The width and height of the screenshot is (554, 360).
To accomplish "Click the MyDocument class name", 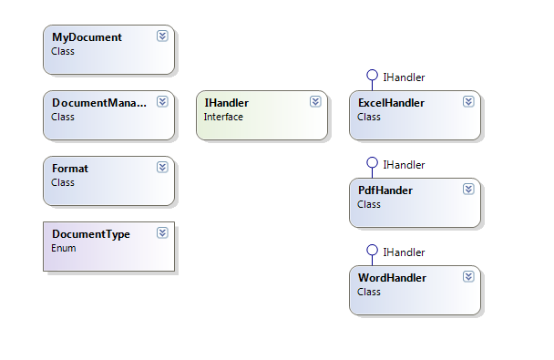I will click(x=87, y=37).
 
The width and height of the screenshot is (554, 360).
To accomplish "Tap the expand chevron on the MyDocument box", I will click(x=162, y=36).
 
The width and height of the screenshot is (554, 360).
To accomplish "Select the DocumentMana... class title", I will click(x=98, y=103).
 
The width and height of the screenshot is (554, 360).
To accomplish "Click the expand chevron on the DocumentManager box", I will click(x=162, y=102).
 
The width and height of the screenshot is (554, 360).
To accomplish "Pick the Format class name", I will click(x=70, y=169).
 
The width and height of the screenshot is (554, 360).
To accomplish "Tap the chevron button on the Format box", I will click(x=162, y=168).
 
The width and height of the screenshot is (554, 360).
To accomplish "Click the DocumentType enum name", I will click(x=91, y=234).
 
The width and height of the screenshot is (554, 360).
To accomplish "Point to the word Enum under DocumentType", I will click(x=64, y=248).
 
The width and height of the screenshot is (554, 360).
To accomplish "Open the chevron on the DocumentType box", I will click(x=162, y=233).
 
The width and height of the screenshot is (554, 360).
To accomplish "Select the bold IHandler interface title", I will click(x=227, y=103).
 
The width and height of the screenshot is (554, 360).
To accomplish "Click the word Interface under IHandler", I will click(x=223, y=117).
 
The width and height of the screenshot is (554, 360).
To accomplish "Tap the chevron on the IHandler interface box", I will click(x=315, y=102).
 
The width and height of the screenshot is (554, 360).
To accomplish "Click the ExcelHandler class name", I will click(x=392, y=103).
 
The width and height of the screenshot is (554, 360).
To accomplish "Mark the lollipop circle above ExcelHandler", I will click(x=372, y=76).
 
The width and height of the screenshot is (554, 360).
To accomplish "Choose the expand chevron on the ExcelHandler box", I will click(x=468, y=102).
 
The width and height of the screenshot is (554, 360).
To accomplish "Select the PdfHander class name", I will click(x=385, y=190).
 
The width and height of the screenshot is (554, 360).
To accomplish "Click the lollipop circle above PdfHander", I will click(x=372, y=163).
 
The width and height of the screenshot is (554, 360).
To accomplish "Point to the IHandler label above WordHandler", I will click(x=404, y=252).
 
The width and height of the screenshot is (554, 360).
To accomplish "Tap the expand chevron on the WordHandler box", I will click(x=468, y=276).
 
